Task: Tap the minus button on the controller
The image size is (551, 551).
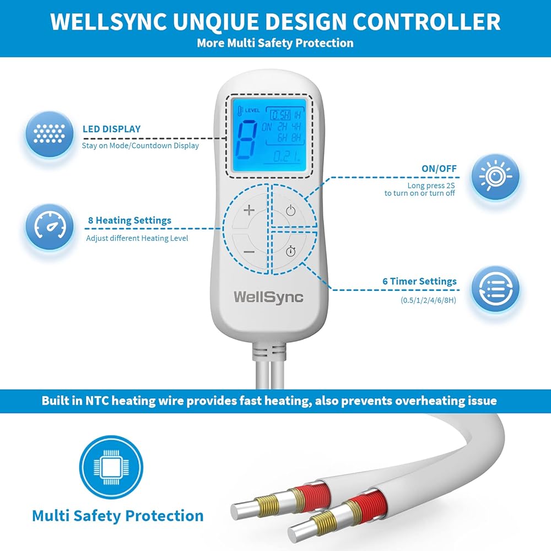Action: [x=249, y=251]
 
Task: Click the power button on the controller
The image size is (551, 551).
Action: [x=290, y=210]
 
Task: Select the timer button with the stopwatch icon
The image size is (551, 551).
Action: [x=290, y=251]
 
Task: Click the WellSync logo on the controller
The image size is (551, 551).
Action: [x=268, y=296]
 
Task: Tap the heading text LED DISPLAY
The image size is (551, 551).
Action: [x=111, y=129]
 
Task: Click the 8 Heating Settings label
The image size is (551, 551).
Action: [x=129, y=220]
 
